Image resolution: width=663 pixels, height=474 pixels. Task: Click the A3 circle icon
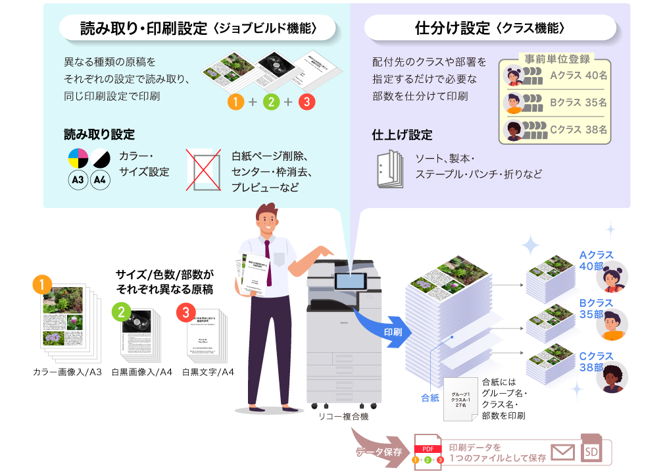click(x=78, y=180)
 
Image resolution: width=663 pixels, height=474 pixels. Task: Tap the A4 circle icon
click(x=100, y=180)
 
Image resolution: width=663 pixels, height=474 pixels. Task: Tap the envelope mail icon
click(x=562, y=453)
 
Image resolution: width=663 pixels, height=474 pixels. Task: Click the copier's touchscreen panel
click(x=349, y=281)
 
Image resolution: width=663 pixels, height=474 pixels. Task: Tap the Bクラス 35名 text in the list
click(x=578, y=103)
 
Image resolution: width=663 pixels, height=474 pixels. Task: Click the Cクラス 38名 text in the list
click(x=578, y=130)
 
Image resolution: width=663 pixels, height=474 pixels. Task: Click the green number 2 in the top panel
click(x=270, y=102)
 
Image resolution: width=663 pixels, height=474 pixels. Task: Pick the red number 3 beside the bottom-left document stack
click(x=185, y=312)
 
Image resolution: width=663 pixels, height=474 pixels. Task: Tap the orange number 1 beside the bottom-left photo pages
click(x=41, y=284)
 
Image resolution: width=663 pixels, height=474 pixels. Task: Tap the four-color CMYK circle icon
click(x=78, y=158)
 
